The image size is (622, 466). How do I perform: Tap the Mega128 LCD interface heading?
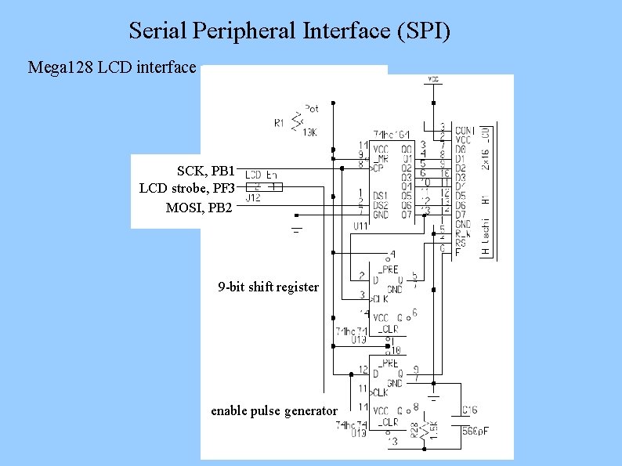[112, 67]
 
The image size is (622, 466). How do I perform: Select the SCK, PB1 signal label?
[205, 170]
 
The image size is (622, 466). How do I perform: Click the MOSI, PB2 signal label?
[199, 208]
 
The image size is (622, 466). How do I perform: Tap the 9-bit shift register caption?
[268, 287]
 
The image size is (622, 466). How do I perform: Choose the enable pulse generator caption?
[274, 410]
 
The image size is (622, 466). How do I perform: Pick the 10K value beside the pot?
[309, 132]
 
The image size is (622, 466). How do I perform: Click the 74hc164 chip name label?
[391, 135]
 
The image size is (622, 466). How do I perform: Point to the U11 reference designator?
[361, 226]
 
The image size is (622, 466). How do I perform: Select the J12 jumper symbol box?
[263, 187]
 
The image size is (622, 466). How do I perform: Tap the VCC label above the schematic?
[433, 79]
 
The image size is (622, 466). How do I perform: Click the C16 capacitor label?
[468, 410]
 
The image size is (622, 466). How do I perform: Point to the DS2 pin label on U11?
[381, 204]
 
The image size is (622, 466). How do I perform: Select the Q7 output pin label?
[406, 215]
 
